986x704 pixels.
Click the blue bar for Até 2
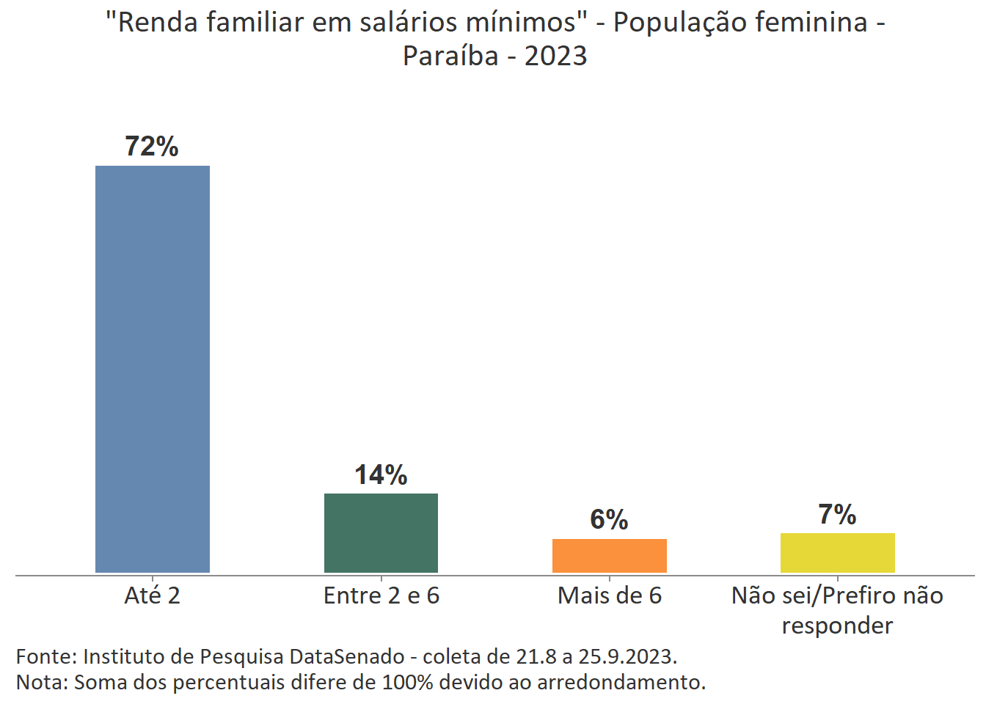coord(153,369)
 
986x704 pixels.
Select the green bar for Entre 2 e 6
coord(381,533)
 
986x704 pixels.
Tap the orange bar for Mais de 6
coord(609,556)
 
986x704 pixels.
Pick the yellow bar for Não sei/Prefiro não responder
coord(837,553)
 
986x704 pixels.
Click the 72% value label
coord(152,147)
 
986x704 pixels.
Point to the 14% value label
coord(381,475)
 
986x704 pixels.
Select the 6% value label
coord(609,520)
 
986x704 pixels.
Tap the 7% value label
coord(837,515)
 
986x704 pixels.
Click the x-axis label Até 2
coord(153,595)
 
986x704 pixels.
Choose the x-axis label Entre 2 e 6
coord(381,595)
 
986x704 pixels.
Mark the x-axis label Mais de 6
coord(609,595)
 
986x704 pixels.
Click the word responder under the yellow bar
coord(837,626)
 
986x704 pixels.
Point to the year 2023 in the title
coord(555,56)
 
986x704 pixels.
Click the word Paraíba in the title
coord(450,56)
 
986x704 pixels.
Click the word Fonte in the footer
coord(45,656)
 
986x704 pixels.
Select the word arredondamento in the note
coord(621,682)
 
